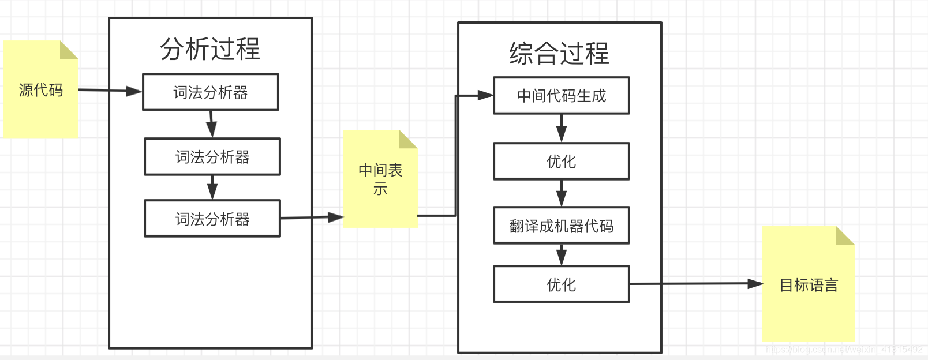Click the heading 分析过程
click(210, 49)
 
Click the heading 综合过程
click(559, 53)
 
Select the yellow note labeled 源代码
click(40, 90)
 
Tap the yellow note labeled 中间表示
click(380, 179)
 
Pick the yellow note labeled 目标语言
click(808, 285)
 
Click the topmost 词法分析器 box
click(211, 92)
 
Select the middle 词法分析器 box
click(212, 157)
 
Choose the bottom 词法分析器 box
click(212, 219)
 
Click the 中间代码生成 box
click(561, 96)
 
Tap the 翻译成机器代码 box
click(561, 226)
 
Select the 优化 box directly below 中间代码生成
click(561, 162)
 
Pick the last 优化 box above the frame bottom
click(561, 284)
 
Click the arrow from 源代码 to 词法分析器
click(110, 91)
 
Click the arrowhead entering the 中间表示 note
click(336, 217)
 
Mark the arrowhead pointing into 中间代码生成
click(485, 95)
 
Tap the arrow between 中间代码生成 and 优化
click(561, 128)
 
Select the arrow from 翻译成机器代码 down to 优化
click(561, 254)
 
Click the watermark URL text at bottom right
click(844, 350)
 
